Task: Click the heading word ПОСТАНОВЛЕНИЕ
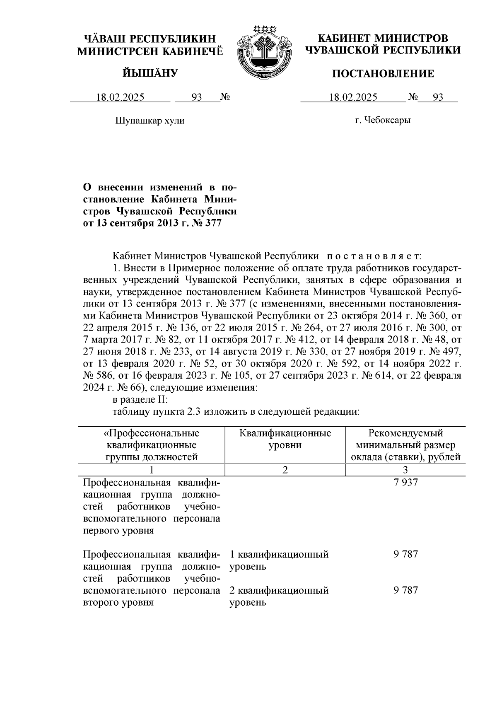pos(383,74)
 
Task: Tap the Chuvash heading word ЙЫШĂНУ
pos(150,73)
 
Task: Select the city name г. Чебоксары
pos(383,121)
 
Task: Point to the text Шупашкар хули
pos(150,121)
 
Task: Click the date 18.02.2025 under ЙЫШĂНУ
pos(120,97)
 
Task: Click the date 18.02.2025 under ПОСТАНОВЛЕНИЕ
pos(353,97)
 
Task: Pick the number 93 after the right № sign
pos(438,97)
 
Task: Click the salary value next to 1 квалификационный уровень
pos(405,554)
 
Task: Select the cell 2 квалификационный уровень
pos(279,596)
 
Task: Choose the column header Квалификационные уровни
pos(285,439)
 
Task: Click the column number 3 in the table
pos(405,470)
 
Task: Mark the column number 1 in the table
pos(151,470)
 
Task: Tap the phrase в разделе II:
pos(140,400)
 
